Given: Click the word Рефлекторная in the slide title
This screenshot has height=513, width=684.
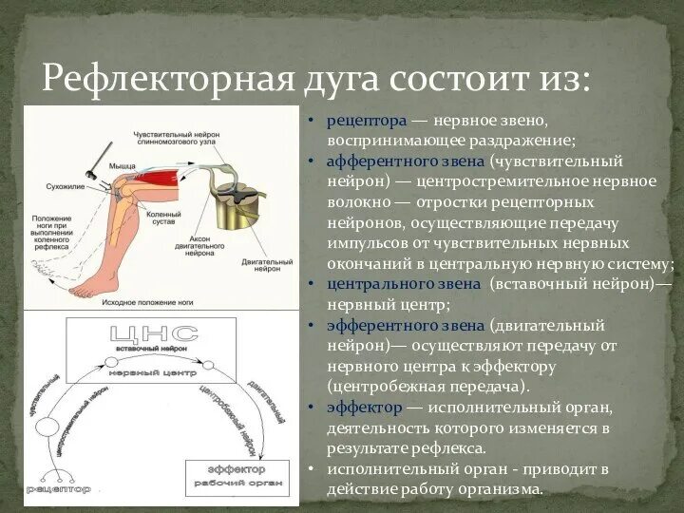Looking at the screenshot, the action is tap(166, 76).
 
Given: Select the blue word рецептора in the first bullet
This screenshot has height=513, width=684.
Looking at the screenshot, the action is tap(368, 121).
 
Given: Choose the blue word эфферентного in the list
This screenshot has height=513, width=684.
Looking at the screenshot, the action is tap(382, 325).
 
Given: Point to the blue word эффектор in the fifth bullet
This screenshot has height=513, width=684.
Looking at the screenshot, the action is tap(363, 408).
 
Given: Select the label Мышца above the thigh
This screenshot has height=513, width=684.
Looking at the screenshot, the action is tap(122, 165).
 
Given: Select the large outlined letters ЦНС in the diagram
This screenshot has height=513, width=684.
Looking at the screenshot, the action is tap(155, 333).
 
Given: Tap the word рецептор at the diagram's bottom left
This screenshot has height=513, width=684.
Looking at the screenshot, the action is tap(59, 489).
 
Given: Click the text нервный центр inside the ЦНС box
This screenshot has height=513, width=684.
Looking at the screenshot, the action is tap(153, 373).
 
